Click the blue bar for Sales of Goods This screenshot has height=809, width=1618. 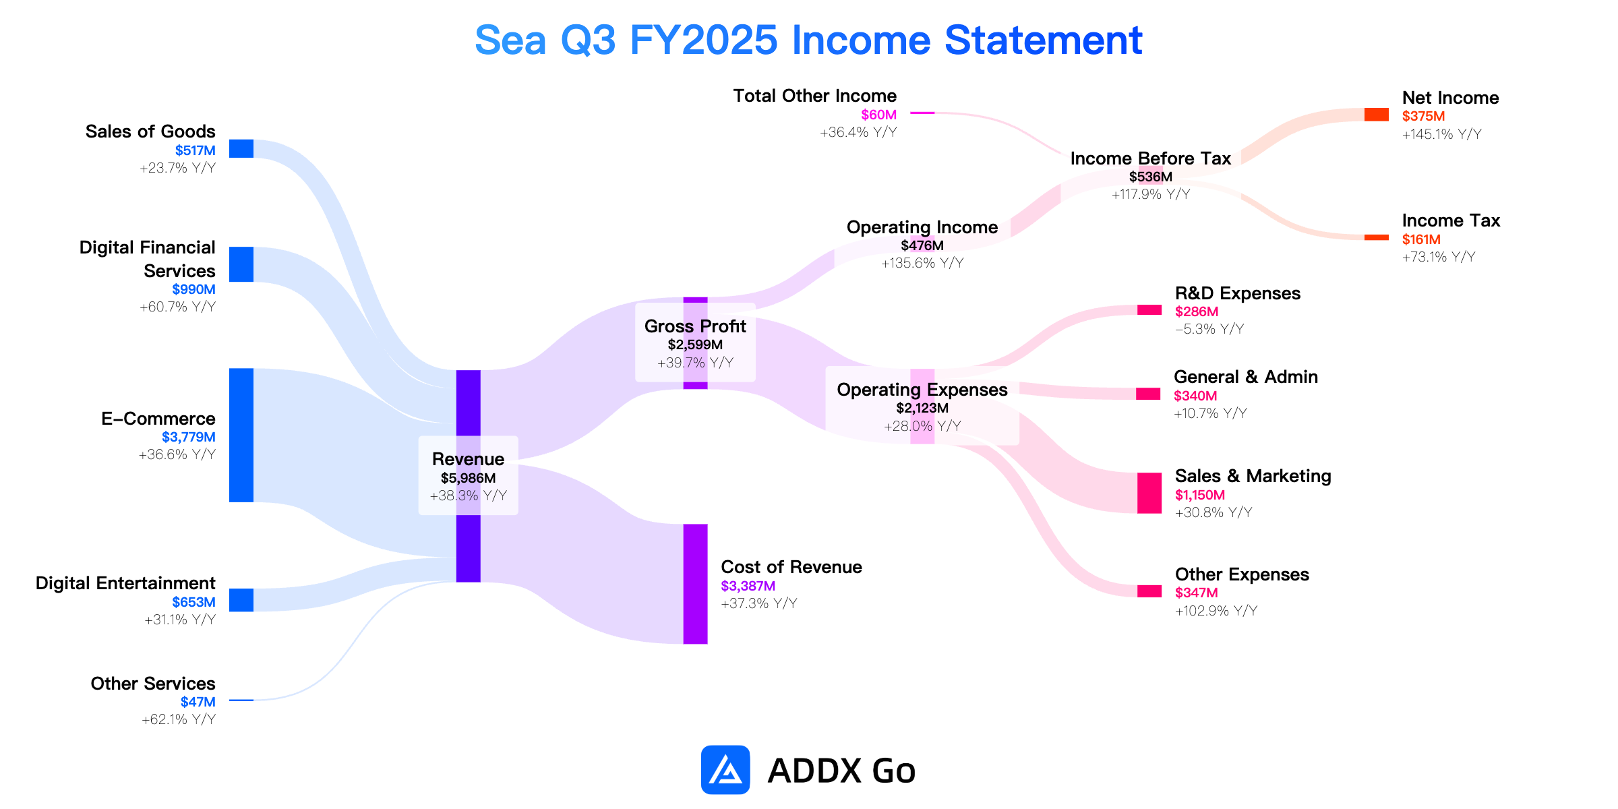pyautogui.click(x=241, y=148)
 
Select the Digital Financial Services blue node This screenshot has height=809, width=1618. pyautogui.click(x=241, y=264)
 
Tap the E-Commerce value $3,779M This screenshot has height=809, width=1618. pyautogui.click(x=189, y=437)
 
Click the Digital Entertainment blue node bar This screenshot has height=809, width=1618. pyautogui.click(x=241, y=600)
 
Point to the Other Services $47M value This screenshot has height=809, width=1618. pyautogui.click(x=198, y=702)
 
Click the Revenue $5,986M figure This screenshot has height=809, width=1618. pyautogui.click(x=469, y=478)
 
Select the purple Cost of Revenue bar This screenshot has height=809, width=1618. pyautogui.click(x=696, y=584)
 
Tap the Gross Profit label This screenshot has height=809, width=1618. pyautogui.click(x=695, y=326)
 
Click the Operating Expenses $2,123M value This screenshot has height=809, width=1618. pyautogui.click(x=922, y=408)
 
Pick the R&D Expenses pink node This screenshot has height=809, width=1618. pyautogui.click(x=1149, y=310)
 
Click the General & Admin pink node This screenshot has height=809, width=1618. pyautogui.click(x=1148, y=394)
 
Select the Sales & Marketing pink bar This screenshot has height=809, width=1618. pyautogui.click(x=1149, y=493)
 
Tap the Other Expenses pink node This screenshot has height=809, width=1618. pyautogui.click(x=1149, y=591)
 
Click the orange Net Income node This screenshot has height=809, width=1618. pyautogui.click(x=1377, y=115)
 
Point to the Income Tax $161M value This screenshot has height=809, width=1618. pyautogui.click(x=1421, y=239)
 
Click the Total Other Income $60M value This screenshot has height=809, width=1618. pyautogui.click(x=879, y=115)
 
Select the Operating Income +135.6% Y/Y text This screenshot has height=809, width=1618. pyautogui.click(x=922, y=263)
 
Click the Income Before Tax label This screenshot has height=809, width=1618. pyautogui.click(x=1151, y=158)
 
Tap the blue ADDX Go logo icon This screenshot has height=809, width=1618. pyautogui.click(x=725, y=770)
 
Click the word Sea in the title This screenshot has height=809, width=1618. pyautogui.click(x=510, y=40)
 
